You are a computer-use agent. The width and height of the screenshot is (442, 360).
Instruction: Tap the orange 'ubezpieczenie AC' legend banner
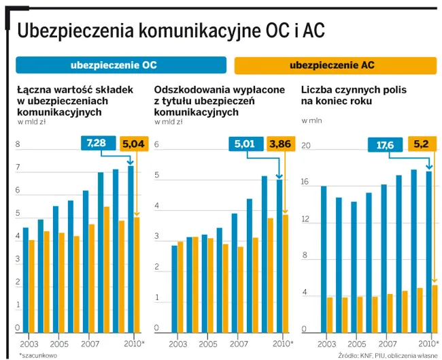click(335, 65)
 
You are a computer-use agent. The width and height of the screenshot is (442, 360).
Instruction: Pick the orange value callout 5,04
click(133, 144)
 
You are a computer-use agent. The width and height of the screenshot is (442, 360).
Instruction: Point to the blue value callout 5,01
click(245, 144)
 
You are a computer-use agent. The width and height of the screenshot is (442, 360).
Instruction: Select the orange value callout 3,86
click(280, 144)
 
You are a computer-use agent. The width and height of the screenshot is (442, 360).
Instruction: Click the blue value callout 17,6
click(385, 145)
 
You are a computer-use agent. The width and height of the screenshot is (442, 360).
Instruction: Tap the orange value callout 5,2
click(421, 145)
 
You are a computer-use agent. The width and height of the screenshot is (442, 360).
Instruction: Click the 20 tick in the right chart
click(306, 146)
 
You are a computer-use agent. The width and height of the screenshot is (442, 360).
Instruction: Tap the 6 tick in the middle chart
click(157, 145)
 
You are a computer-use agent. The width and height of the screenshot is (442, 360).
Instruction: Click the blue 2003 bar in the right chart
click(324, 259)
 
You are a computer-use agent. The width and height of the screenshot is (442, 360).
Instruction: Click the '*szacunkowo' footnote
click(38, 355)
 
